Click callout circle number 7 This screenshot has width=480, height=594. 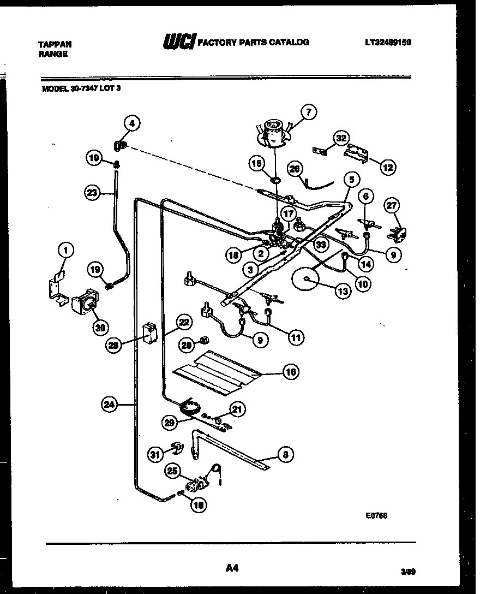(x=308, y=112)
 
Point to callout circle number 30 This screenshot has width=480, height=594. (x=100, y=328)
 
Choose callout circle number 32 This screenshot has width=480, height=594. (x=342, y=139)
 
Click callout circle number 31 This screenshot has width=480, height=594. (x=156, y=453)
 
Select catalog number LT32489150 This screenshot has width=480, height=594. (x=395, y=42)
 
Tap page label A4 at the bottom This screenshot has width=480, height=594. (x=232, y=569)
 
